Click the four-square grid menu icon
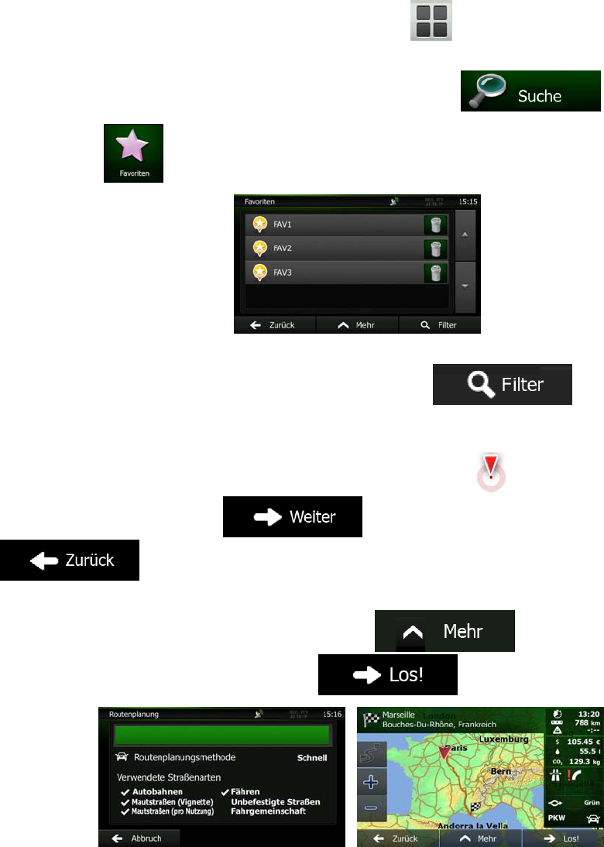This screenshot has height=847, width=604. (x=431, y=20)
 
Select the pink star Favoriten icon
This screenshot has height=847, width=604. (x=133, y=153)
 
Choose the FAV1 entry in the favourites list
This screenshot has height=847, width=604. (x=333, y=225)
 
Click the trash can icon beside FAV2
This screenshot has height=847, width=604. (x=436, y=249)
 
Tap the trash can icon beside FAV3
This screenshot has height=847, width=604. (x=436, y=273)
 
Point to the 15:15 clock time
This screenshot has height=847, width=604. (x=468, y=201)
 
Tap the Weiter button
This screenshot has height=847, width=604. (x=293, y=517)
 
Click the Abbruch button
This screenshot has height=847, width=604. (x=139, y=838)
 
